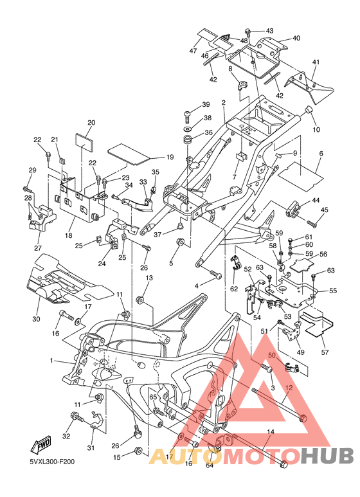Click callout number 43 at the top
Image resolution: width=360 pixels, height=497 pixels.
pyautogui.click(x=269, y=31)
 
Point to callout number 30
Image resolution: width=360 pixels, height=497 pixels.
pyautogui.click(x=36, y=318)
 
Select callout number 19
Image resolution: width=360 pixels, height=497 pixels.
pyautogui.click(x=170, y=157)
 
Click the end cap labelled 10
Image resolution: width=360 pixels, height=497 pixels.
pyautogui.click(x=309, y=113)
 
